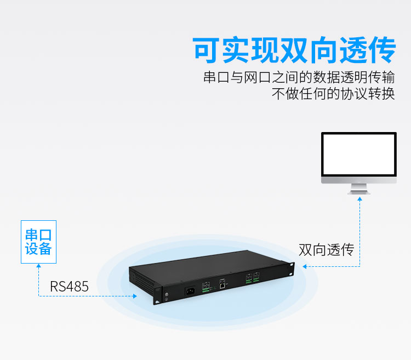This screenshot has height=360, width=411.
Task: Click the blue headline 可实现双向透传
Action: (294, 50)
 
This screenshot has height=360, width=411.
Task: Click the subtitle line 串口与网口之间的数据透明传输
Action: (299, 77)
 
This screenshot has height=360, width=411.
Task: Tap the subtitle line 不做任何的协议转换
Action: (333, 94)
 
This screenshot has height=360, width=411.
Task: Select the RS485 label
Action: (69, 287)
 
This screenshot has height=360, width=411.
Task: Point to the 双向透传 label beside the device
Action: (327, 249)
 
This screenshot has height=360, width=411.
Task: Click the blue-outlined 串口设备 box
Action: (38, 242)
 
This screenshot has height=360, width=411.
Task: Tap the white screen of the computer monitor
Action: (359, 155)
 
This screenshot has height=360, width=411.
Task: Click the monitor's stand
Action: (359, 189)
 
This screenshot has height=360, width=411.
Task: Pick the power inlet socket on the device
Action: (190, 291)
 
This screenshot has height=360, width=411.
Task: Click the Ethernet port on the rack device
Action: (222, 285)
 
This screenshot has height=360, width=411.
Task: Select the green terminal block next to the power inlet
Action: (206, 287)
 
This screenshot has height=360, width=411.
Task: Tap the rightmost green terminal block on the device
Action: (256, 278)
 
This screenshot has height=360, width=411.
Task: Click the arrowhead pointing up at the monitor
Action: (360, 199)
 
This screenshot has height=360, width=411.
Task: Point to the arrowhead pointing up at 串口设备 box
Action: (39, 266)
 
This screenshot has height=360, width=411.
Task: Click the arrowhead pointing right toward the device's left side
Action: (135, 296)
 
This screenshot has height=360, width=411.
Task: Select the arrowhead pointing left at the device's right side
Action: (304, 266)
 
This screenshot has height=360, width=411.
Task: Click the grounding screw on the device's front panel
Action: (166, 294)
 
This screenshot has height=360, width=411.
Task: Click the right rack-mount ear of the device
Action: (290, 269)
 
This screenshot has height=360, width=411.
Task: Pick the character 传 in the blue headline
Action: (381, 50)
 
